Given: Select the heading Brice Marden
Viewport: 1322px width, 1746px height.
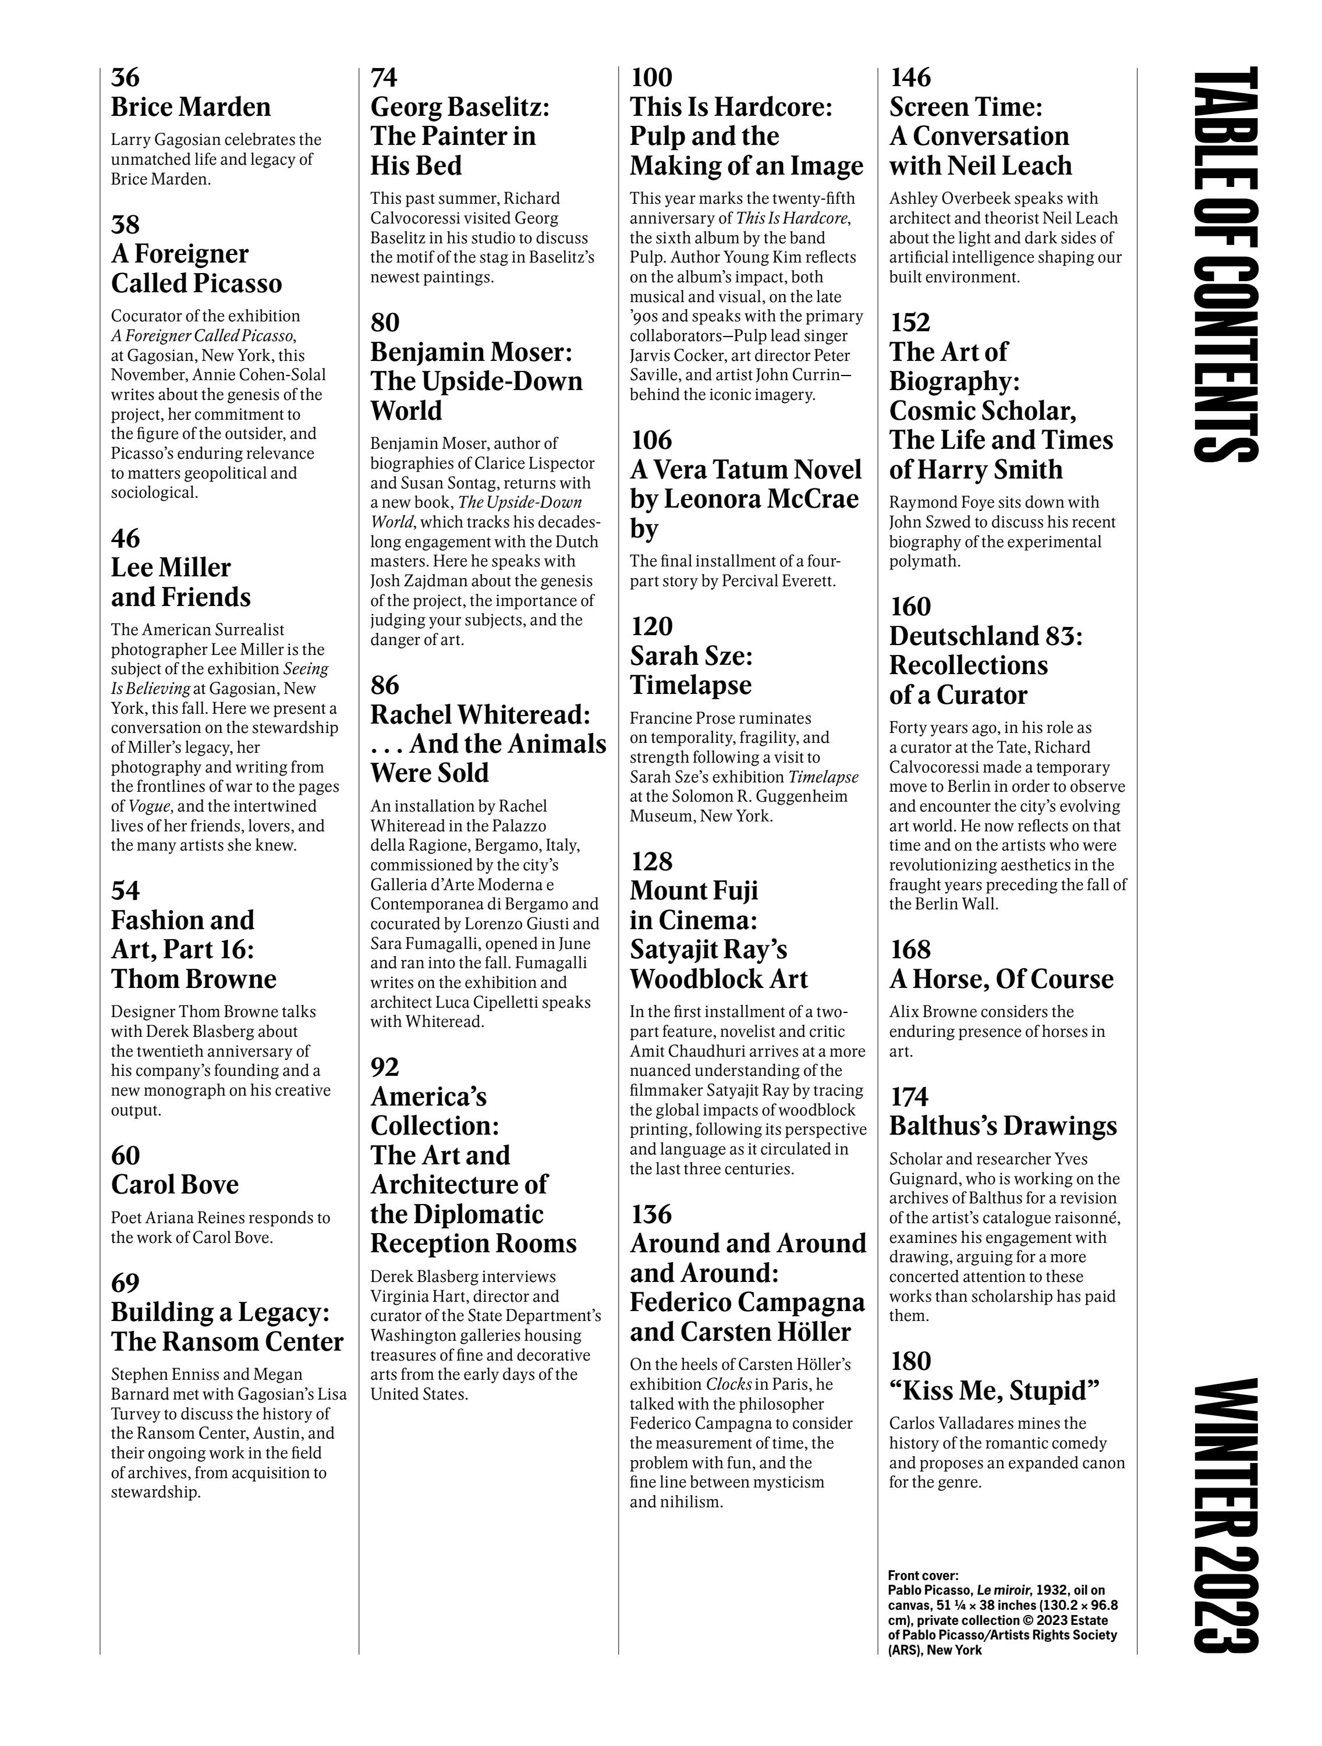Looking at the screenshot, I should click(x=190, y=107).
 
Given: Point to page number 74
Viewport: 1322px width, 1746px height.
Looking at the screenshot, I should click(x=384, y=77).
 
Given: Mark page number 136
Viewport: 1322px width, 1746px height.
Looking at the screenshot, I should click(x=651, y=1214).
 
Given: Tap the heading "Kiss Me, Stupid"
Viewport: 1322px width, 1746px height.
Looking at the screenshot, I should click(x=994, y=1391).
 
